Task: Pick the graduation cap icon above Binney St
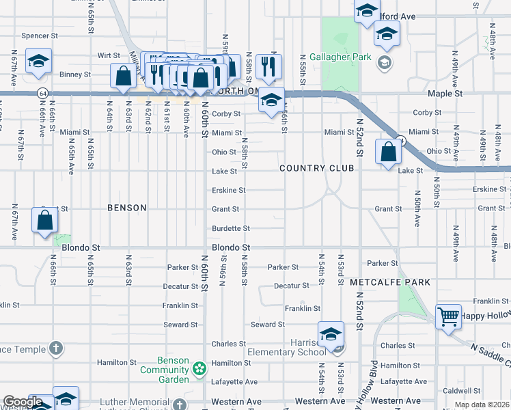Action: [x=39, y=61]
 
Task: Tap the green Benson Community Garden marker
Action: [x=199, y=370]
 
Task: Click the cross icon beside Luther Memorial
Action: [x=178, y=405]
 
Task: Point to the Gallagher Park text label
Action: [x=340, y=57]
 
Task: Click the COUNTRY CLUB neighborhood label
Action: [x=316, y=168]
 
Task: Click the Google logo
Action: [x=23, y=402]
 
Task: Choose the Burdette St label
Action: [x=231, y=228]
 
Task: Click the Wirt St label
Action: [x=108, y=55]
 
